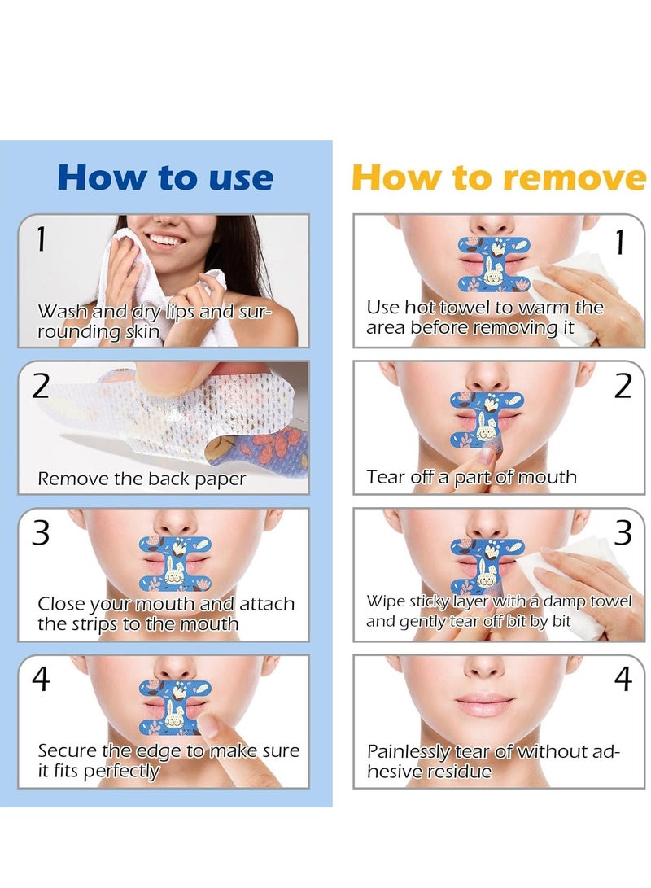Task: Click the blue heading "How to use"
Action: click(165, 177)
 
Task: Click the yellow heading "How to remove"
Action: click(498, 177)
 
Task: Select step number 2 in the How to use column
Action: click(41, 386)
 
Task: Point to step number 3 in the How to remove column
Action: click(623, 532)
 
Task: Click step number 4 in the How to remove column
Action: click(623, 679)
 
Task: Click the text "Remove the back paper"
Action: click(142, 479)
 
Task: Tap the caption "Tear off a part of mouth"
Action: click(471, 477)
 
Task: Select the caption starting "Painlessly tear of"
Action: click(493, 761)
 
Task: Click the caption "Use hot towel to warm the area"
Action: click(485, 317)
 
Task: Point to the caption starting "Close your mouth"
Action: click(166, 614)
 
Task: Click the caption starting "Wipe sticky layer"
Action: click(498, 611)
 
